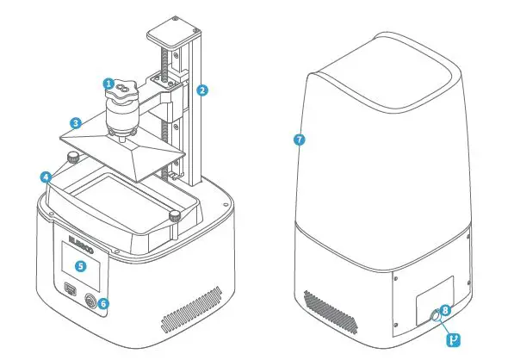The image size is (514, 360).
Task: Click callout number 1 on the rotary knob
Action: pos(108,84)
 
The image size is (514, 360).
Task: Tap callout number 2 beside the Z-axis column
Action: pos(201,90)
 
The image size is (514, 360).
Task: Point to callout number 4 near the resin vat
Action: pos(44,177)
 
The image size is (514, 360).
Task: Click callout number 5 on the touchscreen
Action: pos(80,266)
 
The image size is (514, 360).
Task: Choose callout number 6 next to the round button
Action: pos(103,302)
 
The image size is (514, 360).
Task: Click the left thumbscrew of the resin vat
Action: pos(72,158)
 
